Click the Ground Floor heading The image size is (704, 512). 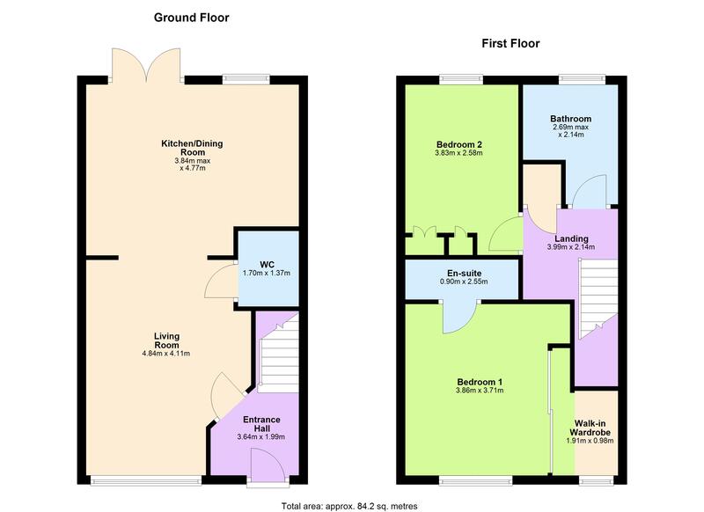pyautogui.click(x=191, y=18)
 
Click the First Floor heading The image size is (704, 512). pyautogui.click(x=510, y=43)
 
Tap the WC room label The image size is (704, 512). pyautogui.click(x=267, y=265)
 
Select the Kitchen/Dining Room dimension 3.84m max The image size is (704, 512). pyautogui.click(x=192, y=161)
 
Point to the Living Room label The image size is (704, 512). pyautogui.click(x=166, y=340)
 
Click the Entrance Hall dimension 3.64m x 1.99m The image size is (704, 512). pyautogui.click(x=260, y=436)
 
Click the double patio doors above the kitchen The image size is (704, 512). pyautogui.click(x=146, y=65)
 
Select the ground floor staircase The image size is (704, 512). pyautogui.click(x=279, y=355)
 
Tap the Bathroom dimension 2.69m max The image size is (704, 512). pyautogui.click(x=570, y=127)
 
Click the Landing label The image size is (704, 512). pyautogui.click(x=571, y=238)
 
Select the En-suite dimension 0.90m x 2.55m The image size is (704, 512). pyautogui.click(x=464, y=282)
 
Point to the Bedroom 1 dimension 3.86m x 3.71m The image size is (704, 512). pyautogui.click(x=480, y=391)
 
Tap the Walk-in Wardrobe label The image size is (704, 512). pyautogui.click(x=590, y=428)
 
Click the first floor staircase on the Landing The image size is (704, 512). pyautogui.click(x=598, y=300)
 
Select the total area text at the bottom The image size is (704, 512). pyautogui.click(x=349, y=506)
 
